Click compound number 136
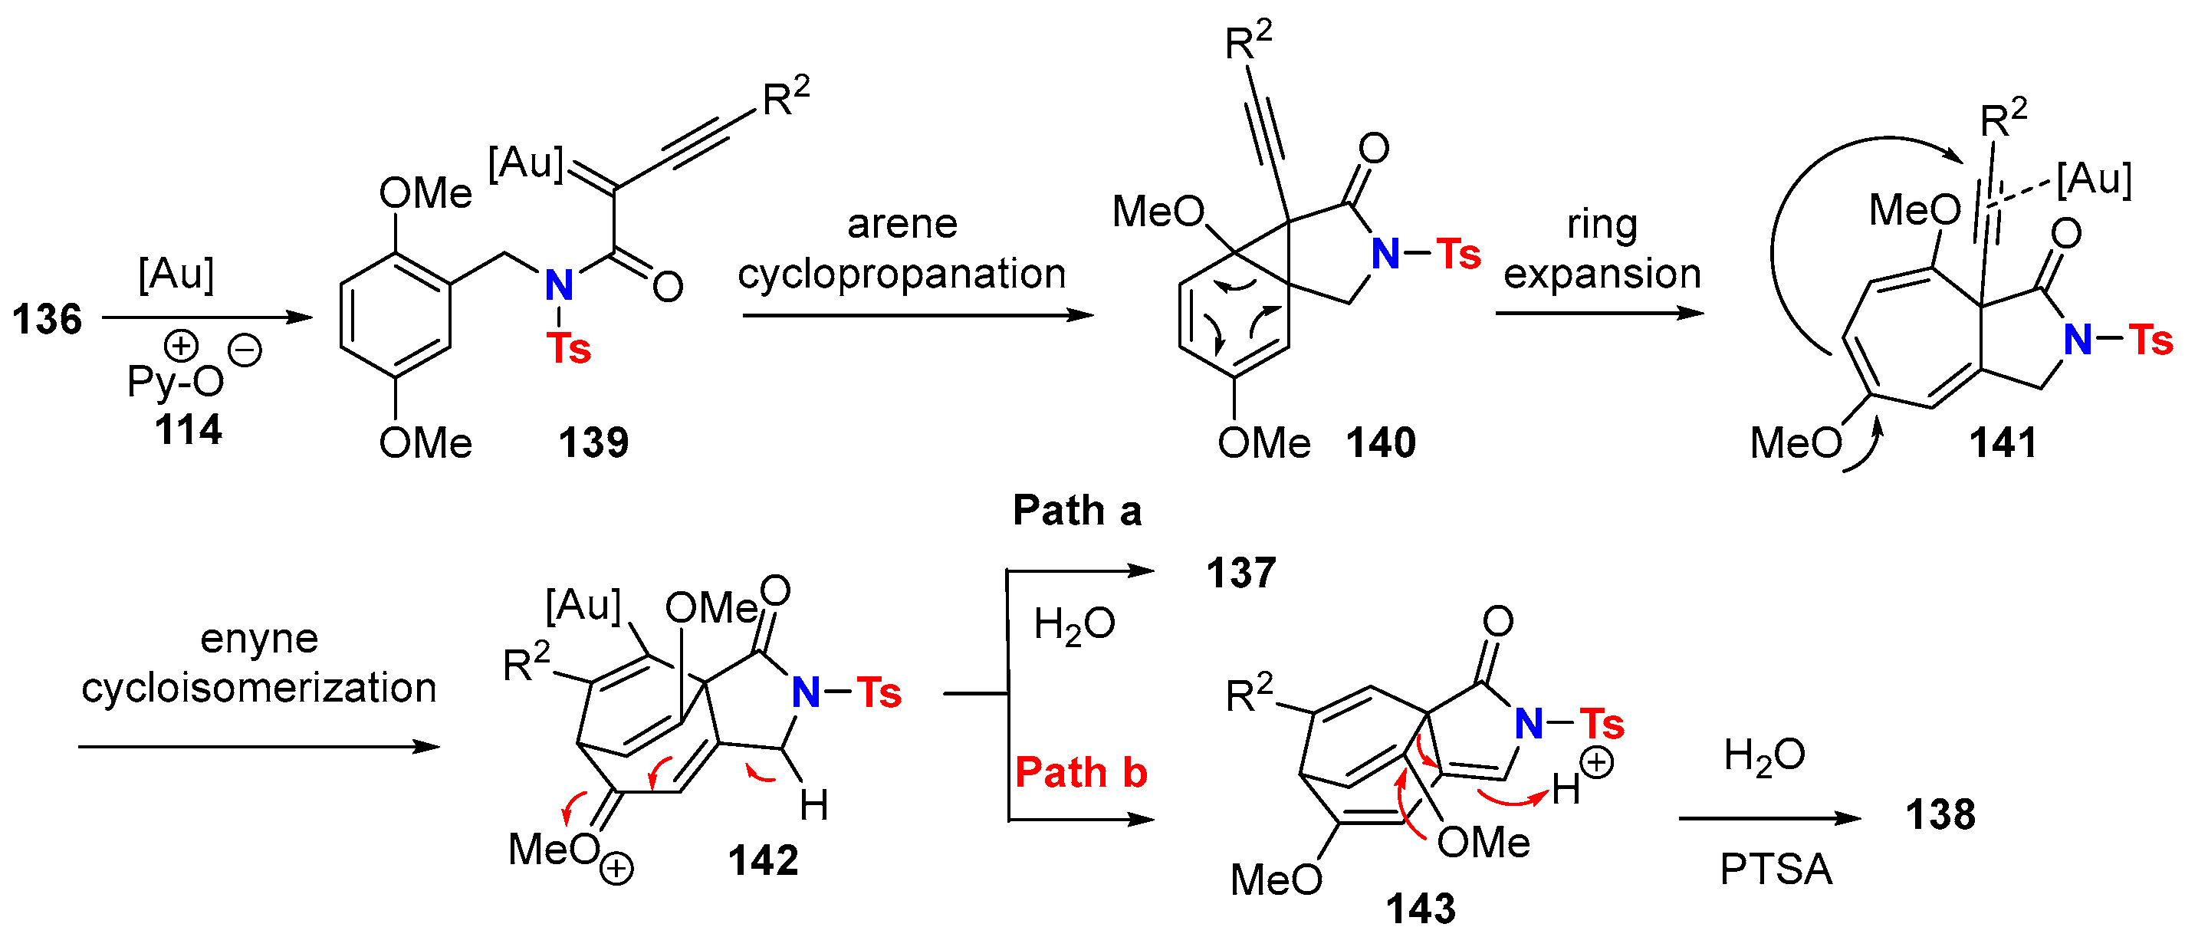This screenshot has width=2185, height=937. pos(47,320)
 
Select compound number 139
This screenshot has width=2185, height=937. pos(593,442)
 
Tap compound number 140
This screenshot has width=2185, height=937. pos(1381,442)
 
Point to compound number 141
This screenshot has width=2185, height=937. pos(2003,442)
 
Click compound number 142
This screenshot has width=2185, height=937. pos(763,860)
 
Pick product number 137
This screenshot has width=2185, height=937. pos(1241,574)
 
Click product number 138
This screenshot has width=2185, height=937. pos(1940,815)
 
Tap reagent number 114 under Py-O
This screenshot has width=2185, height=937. pos(189,430)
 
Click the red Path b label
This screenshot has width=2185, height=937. pos(1081,772)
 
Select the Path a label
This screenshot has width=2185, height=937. pos(1077,511)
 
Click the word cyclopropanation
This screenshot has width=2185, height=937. pos(902,274)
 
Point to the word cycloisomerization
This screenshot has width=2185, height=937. pos(258,688)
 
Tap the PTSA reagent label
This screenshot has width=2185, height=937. pos(1776,870)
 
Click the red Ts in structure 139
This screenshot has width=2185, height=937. pos(568,349)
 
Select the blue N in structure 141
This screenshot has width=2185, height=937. pos(2077,340)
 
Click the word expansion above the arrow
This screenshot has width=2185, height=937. pos(1602,274)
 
